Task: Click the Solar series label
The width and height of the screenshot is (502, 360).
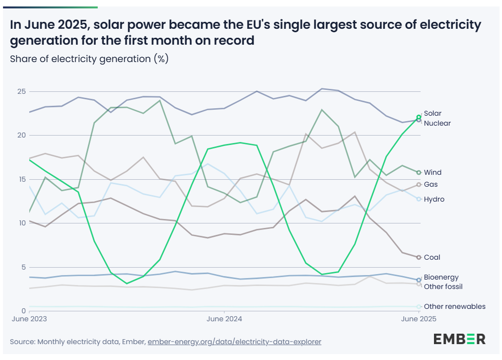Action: coord(432,114)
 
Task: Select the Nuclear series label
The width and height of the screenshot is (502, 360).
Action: coord(437,123)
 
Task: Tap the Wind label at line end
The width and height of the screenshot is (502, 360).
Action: coord(432,172)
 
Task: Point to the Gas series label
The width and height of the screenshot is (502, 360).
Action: coord(430,185)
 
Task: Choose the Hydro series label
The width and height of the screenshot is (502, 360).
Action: coord(434,199)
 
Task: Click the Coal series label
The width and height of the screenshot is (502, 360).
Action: coord(432,257)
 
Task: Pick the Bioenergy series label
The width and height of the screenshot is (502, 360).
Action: coord(441,278)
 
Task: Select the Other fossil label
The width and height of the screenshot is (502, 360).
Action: coord(443,287)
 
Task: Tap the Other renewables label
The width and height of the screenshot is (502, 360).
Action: coord(454,306)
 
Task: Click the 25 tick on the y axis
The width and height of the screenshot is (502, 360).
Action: coord(21,92)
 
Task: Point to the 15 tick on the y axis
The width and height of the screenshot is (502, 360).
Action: coord(21,179)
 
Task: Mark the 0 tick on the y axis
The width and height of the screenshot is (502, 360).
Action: coord(23,311)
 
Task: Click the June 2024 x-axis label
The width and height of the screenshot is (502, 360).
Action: coord(224,319)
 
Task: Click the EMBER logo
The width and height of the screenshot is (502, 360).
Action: coord(459,339)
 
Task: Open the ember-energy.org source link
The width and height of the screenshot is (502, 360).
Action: coord(234,342)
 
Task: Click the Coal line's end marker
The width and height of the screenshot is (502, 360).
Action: coord(419,257)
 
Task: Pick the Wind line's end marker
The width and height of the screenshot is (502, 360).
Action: coord(419,172)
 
